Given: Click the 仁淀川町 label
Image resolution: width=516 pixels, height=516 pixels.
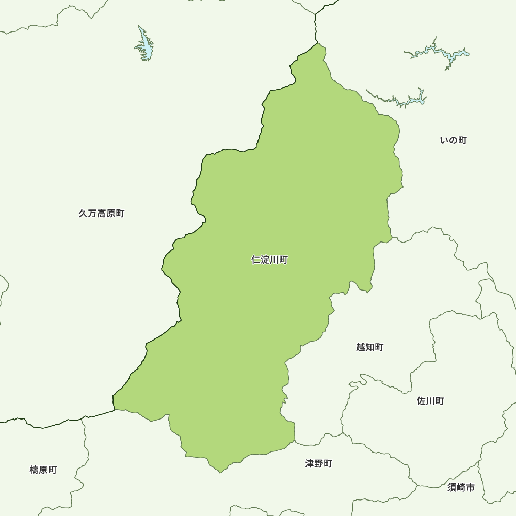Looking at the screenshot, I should click(x=269, y=260).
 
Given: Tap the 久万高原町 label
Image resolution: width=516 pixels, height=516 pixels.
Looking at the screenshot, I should click(x=102, y=213).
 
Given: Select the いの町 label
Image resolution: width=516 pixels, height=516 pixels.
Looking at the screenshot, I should click(x=453, y=140).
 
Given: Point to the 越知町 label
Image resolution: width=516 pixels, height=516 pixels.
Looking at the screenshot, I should click(x=369, y=347).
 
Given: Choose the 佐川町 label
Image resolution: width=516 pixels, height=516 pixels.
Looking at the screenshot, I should click(x=430, y=401).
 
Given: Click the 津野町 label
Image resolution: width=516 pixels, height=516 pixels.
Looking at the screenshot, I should click(x=318, y=463).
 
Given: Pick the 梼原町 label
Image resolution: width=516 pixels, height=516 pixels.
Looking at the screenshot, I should click(x=43, y=470).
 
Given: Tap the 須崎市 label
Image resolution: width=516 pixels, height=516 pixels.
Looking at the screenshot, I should click(x=461, y=487).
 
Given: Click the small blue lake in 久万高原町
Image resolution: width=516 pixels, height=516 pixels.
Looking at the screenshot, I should click(x=146, y=46).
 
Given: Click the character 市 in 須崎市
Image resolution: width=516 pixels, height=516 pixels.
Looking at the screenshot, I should click(x=470, y=487).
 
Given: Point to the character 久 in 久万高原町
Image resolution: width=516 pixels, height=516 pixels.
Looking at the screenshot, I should click(x=84, y=213).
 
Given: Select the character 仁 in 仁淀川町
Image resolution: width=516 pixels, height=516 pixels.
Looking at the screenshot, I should click(x=256, y=260).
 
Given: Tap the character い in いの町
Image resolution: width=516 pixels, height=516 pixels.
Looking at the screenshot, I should click(x=444, y=140).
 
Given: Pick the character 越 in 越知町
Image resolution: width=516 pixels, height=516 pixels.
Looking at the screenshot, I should click(x=361, y=347).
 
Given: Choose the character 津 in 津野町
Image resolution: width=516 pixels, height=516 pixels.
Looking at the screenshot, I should click(x=310, y=463).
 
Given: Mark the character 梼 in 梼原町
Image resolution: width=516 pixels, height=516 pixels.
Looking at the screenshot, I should click(x=35, y=470).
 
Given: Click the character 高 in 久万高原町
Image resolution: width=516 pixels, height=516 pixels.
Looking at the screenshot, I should click(x=102, y=213).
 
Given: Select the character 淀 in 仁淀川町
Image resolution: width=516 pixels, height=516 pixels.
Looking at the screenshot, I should click(x=265, y=260).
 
